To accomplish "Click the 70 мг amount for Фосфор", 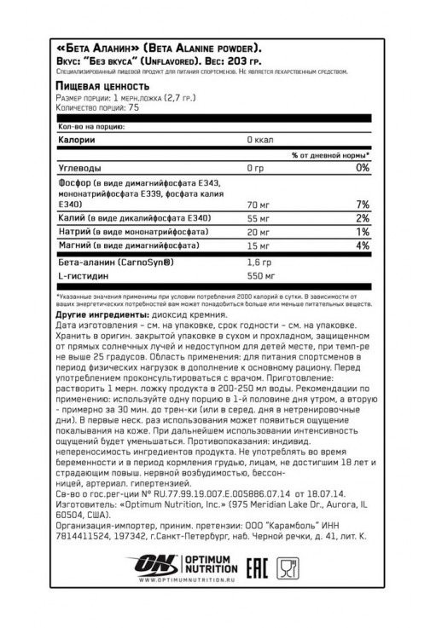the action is [259, 205].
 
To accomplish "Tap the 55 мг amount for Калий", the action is [259, 220].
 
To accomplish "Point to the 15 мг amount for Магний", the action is [258, 245].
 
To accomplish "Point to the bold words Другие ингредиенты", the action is [99, 316].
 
